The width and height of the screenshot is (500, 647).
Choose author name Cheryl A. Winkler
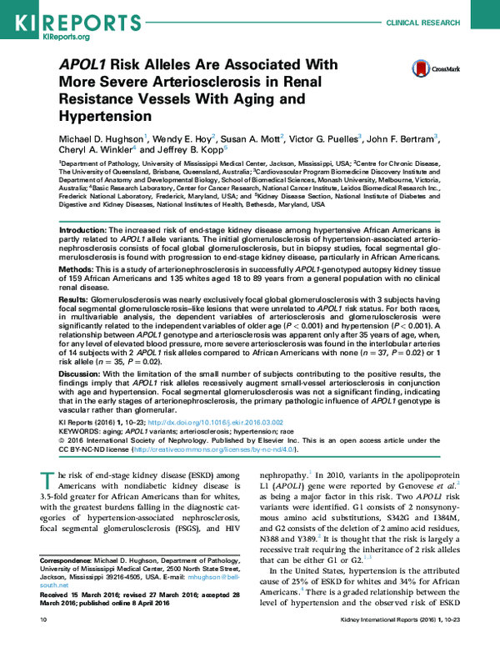pos(94,149)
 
